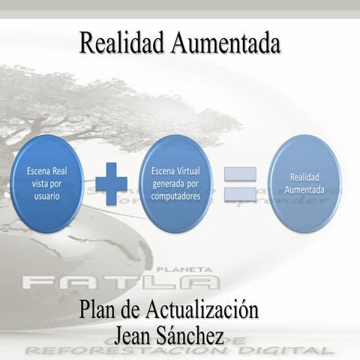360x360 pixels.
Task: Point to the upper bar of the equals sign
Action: (x=240, y=173)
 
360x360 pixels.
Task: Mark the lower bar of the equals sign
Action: (x=240, y=194)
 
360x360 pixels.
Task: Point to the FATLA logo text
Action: (x=120, y=282)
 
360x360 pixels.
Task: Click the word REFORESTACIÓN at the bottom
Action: (x=139, y=350)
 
